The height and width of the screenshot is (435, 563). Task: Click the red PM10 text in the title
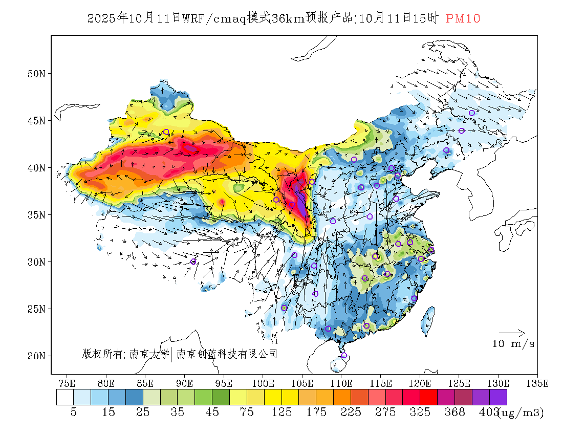coord(463,18)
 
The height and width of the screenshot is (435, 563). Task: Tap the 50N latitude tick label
coord(36,74)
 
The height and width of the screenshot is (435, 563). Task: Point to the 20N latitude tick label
coord(36,356)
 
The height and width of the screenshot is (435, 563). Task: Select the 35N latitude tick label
coord(36,214)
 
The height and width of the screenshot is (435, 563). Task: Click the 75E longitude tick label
coord(67,383)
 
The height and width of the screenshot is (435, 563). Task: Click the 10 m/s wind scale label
coord(513,344)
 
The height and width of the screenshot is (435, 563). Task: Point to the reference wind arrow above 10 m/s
coord(512,333)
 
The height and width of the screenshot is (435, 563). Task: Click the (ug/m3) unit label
coord(521,412)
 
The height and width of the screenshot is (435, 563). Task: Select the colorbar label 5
coord(74,412)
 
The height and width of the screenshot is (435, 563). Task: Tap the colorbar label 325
coord(420,412)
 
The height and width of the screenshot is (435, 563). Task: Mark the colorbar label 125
coord(281,412)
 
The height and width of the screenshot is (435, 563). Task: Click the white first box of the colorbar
coord(65,398)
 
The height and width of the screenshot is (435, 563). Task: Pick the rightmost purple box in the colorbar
coord(498,398)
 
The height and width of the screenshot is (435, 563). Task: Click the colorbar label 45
coord(212,412)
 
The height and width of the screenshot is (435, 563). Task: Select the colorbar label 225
coord(351,412)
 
